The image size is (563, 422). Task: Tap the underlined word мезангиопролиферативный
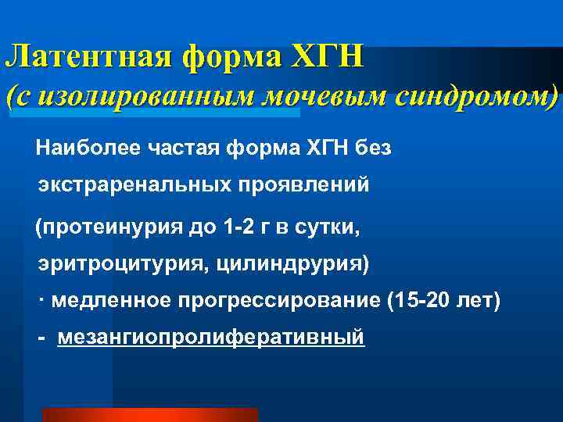[x=211, y=338]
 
